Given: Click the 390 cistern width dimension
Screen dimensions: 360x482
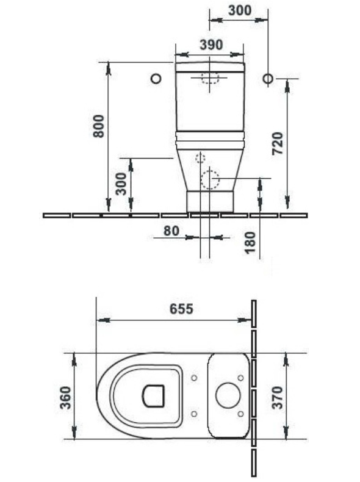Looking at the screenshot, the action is [x=211, y=45].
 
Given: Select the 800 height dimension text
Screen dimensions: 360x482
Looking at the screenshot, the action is [x=99, y=126].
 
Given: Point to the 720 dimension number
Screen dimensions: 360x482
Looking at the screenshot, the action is [x=277, y=143].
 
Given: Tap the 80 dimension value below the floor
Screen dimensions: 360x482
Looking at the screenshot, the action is [x=171, y=231].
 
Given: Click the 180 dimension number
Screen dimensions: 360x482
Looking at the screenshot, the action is [x=250, y=243].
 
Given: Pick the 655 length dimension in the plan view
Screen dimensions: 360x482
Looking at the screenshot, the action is [x=181, y=309].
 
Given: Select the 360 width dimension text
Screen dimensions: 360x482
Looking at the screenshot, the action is [x=65, y=397].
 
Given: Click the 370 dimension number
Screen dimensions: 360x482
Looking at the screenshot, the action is [x=277, y=397].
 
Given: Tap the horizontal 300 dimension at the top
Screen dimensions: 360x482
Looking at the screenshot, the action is [x=240, y=10].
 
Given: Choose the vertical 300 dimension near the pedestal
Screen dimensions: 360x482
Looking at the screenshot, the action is [x=121, y=184].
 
